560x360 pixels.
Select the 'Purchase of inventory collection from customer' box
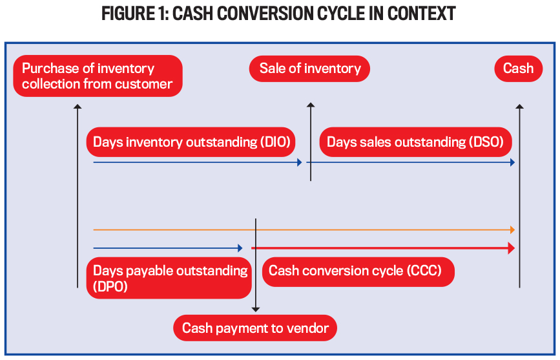(98, 76)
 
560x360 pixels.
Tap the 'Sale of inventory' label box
(309, 69)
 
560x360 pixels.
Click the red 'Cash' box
(518, 69)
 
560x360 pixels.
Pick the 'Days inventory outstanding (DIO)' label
(191, 142)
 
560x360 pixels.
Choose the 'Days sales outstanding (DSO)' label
(415, 142)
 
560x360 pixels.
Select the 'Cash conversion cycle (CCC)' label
(358, 271)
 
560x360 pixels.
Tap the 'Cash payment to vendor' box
(255, 328)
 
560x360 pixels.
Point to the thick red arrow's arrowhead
(511, 248)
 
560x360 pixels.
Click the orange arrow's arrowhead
(512, 229)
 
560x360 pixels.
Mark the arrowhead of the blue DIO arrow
(299, 162)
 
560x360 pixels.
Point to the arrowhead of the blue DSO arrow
(512, 162)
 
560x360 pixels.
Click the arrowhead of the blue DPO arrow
(240, 248)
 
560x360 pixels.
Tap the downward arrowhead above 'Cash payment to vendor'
(256, 309)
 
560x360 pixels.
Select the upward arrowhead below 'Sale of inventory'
(310, 105)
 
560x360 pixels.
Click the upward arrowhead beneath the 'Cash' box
(519, 106)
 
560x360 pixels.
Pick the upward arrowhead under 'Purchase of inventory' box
(78, 106)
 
